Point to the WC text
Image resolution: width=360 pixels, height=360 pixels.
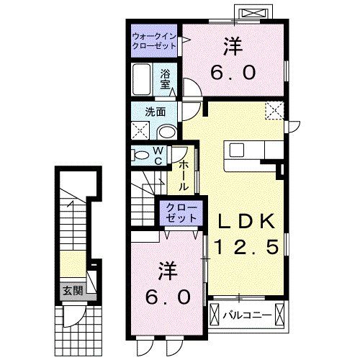click(159, 156)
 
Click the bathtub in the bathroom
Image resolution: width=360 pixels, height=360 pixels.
click(142, 78)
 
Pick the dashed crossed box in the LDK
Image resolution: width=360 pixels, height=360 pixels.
click(274, 111)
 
